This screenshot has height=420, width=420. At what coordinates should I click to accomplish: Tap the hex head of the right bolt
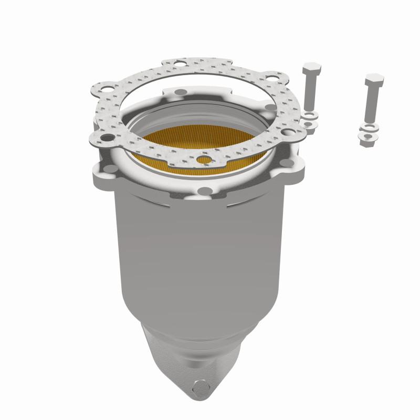pos(374,81)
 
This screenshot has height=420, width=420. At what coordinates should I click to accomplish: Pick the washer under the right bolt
pos(368,128)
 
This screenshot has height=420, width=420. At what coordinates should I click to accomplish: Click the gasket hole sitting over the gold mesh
pos(205,159)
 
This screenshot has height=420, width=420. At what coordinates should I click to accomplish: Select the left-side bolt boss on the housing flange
pos(109,169)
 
